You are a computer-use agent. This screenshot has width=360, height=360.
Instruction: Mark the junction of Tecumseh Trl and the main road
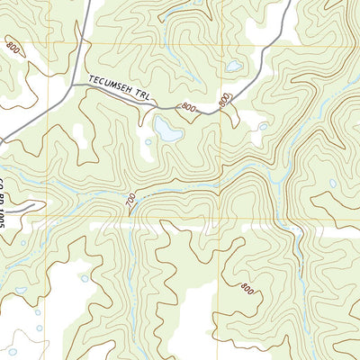pyautogui.click(x=72, y=85)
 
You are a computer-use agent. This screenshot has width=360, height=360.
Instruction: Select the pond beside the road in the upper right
pyautogui.click(x=233, y=67)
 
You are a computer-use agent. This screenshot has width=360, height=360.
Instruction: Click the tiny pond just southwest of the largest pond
pyautogui.click(x=148, y=141)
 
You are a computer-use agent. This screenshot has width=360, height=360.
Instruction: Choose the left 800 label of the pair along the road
pyautogui.click(x=187, y=108)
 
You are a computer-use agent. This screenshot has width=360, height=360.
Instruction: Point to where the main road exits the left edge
pyautogui.click(x=2, y=141)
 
